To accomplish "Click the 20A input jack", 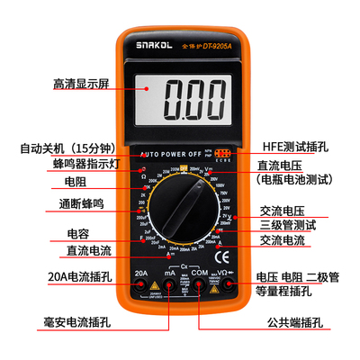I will coord(140,285).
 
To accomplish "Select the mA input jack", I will coord(168,285).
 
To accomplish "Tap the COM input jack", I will coord(199,285).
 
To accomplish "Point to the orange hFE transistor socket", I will coord(222,154).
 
